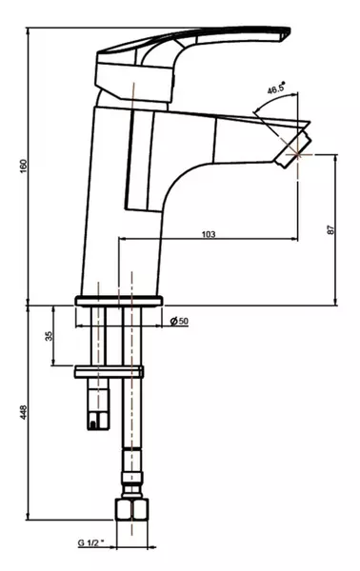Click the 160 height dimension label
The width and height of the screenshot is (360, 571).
point(24,167)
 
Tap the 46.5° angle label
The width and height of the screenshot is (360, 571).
point(276,89)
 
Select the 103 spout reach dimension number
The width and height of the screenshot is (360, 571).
point(209,234)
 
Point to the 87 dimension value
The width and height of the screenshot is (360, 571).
point(331,229)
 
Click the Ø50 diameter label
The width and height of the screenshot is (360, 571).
point(179,321)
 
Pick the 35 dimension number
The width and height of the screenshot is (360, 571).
point(49,336)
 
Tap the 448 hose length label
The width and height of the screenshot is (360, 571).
point(24,413)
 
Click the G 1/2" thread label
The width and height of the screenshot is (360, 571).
point(90,543)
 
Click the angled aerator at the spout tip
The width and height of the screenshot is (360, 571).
point(293,149)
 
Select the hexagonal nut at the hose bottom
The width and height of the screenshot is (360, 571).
point(131,509)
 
